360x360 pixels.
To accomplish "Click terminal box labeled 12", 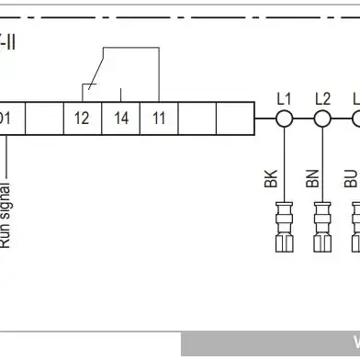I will (x=82, y=118).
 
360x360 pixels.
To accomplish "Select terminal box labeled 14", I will (x=120, y=118).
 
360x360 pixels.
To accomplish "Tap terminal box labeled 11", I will (x=159, y=118).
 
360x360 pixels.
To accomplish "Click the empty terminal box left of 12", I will (x=43, y=118).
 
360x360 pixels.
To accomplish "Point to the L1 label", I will (x=284, y=97).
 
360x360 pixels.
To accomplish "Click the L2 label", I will (x=321, y=97).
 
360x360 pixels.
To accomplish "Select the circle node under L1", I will (x=284, y=118).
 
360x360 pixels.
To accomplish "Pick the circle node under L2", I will (x=321, y=118).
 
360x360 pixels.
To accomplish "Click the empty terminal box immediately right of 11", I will (x=197, y=118).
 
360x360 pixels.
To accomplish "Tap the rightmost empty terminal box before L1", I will (x=234, y=118).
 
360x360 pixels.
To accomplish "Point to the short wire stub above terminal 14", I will (x=120, y=93).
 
